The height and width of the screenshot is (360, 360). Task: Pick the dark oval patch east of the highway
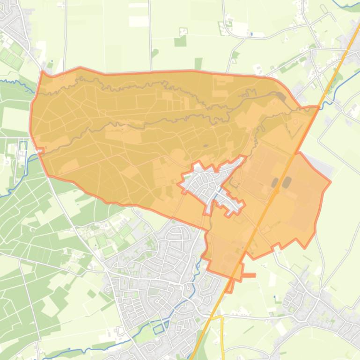[x=287, y=181]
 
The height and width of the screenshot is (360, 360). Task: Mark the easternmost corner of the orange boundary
[x=331, y=181]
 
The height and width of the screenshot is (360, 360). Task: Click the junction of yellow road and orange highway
[x=210, y=318]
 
